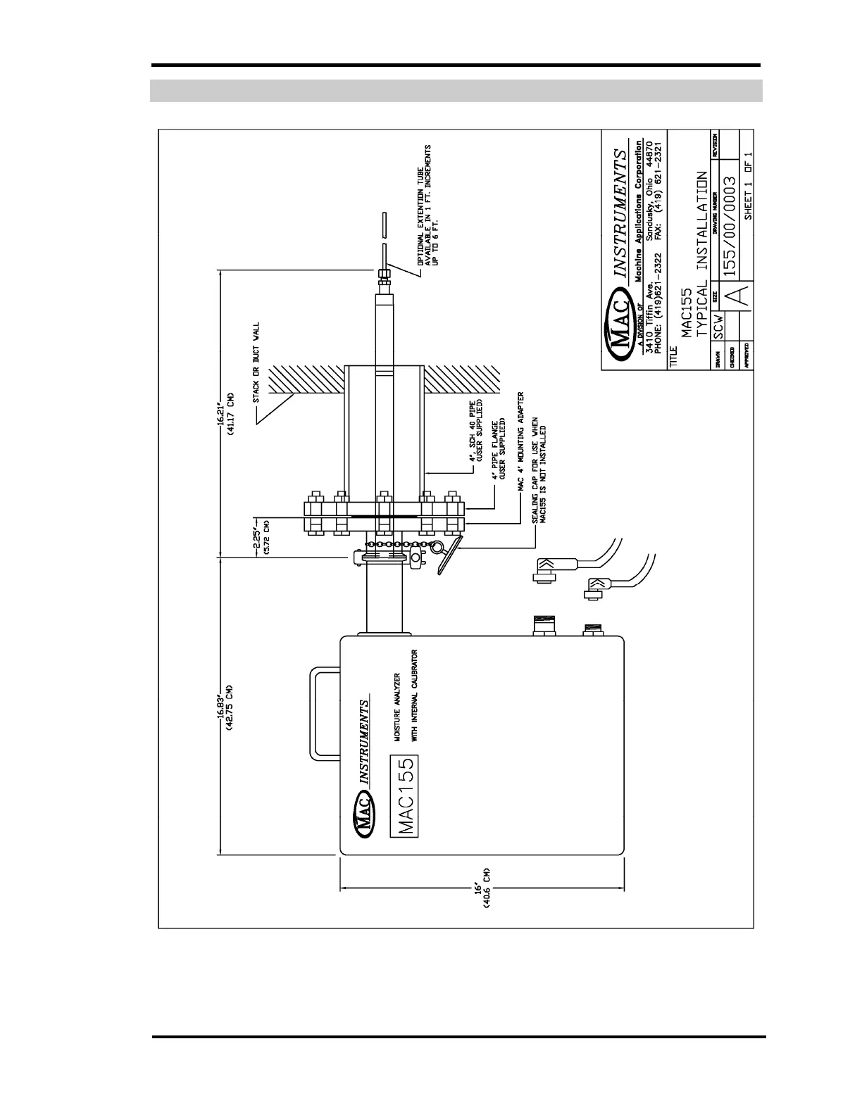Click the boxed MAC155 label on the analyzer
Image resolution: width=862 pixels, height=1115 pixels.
point(404,796)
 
